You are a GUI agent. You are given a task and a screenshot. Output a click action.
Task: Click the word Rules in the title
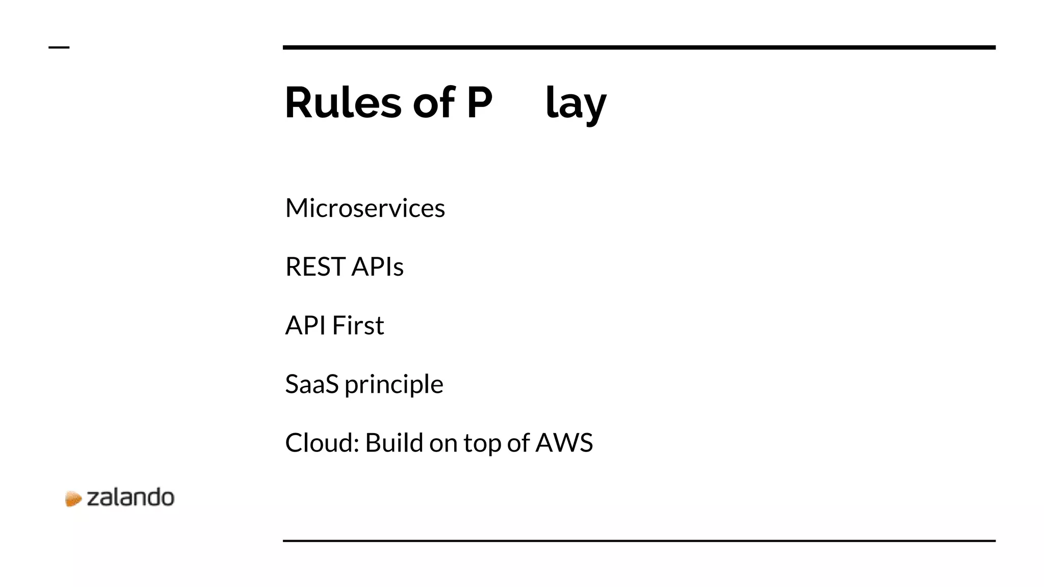343,102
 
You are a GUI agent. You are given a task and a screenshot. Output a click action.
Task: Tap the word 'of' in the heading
433,102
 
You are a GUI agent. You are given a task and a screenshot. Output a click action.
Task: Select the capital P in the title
479,102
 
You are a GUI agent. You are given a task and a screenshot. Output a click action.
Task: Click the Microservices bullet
365,208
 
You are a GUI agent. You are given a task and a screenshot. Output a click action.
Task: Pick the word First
358,325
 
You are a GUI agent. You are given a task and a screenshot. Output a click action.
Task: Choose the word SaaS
311,384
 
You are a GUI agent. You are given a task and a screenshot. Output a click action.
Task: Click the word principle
394,385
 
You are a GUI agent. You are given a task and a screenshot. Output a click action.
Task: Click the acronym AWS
564,442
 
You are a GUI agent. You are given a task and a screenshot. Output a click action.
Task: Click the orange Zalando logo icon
73,498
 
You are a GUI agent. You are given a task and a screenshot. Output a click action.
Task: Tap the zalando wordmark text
130,497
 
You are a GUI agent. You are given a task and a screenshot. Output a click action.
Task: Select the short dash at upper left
59,47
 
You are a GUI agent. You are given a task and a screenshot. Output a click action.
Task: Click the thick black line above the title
639,47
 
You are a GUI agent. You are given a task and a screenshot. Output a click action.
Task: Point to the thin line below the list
639,541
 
